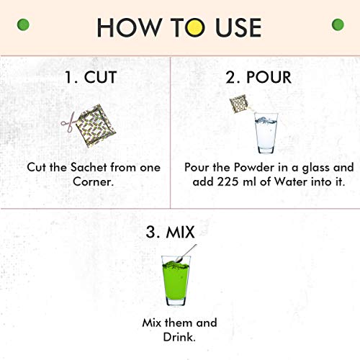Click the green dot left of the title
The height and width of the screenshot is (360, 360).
coord(23,24)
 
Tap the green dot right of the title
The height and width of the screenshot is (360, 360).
coord(338,24)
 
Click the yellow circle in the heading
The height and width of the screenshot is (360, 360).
coord(195,27)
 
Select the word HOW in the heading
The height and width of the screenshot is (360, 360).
coord(129,27)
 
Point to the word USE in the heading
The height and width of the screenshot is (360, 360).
coord(238,27)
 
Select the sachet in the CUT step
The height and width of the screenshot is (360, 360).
coord(96,126)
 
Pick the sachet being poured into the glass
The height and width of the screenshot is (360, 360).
coord(239,104)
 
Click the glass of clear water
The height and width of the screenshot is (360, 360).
coord(266,133)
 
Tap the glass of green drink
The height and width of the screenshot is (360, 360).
coord(176,281)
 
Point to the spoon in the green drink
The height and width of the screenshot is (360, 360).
coord(186,253)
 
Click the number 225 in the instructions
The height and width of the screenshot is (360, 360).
coord(228,181)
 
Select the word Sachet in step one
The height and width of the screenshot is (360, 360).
coord(89,167)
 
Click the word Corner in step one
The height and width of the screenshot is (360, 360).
coord(93,181)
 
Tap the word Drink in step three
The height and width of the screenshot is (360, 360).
coord(179,337)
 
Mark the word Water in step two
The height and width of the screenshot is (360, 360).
coord(291,181)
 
